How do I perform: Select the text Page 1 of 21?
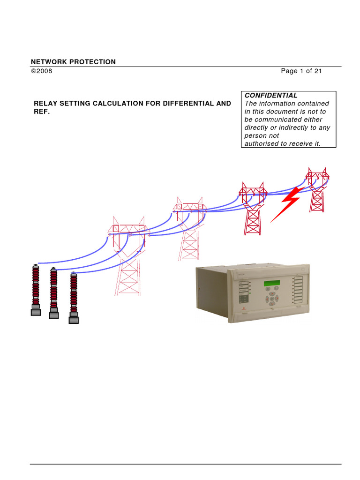301,71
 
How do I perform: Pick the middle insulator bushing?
53,292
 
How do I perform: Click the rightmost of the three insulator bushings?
74,297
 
